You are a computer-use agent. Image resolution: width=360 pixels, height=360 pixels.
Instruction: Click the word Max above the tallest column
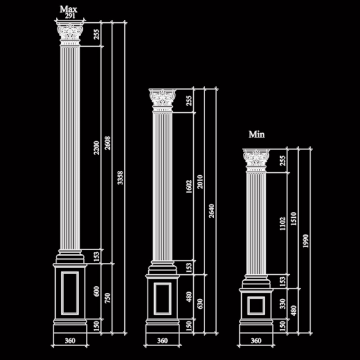tap(68, 10)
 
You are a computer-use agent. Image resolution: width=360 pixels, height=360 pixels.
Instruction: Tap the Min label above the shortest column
tap(256, 134)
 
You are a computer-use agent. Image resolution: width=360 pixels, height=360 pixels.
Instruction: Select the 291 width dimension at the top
tap(70, 16)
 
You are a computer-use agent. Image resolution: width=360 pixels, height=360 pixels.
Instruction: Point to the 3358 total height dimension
tap(120, 178)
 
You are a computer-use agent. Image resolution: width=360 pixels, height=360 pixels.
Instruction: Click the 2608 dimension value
tap(107, 143)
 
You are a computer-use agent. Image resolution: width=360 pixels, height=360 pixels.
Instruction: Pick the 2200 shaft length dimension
tap(97, 148)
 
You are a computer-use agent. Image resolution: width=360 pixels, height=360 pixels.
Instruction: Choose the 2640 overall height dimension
tap(211, 211)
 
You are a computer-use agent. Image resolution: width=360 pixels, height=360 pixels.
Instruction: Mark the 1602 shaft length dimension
tap(189, 187)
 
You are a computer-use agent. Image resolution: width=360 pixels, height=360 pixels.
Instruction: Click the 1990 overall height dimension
tap(305, 241)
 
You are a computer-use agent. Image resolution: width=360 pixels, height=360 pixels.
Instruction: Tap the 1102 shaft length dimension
tap(283, 224)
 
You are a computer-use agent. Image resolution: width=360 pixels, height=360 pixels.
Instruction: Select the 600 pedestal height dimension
tap(97, 292)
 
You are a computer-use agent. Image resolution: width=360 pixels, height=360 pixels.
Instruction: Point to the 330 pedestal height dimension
tap(283, 304)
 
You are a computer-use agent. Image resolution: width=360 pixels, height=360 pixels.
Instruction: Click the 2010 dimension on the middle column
tap(200, 182)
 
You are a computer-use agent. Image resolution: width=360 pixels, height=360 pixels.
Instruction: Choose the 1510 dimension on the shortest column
tap(293, 219)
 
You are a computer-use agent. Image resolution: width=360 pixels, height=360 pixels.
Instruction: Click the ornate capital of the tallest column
tap(70, 33)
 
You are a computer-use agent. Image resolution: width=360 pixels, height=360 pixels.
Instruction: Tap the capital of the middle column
tap(163, 100)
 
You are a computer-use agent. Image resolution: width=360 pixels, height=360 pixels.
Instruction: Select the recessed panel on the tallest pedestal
tap(70, 293)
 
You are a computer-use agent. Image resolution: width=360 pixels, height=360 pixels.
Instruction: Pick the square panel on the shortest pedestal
tap(256, 305)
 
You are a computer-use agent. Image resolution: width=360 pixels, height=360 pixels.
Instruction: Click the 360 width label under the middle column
tap(163, 341)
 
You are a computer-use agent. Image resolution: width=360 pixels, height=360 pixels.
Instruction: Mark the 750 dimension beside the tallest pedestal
tap(107, 298)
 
